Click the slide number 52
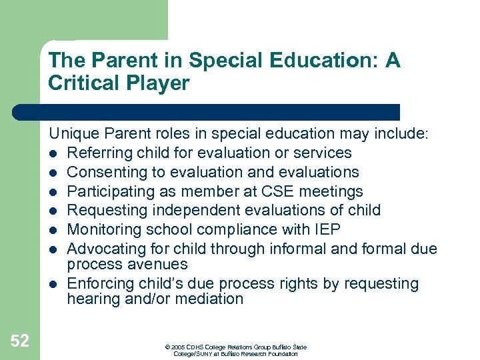click(20, 341)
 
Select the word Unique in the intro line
click(73, 134)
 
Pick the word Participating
click(108, 191)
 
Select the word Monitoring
click(103, 229)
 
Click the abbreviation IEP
click(327, 229)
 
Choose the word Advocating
click(105, 249)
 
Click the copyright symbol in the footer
click(167, 347)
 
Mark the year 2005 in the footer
click(177, 347)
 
